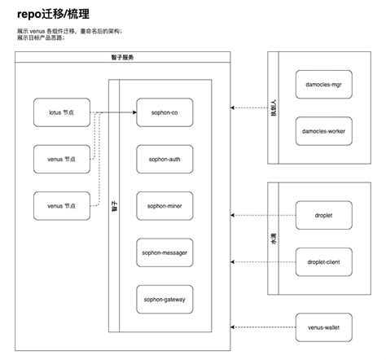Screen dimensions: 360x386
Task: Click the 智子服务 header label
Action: coord(124,59)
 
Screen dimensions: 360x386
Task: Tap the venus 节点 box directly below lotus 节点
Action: coord(62,157)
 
